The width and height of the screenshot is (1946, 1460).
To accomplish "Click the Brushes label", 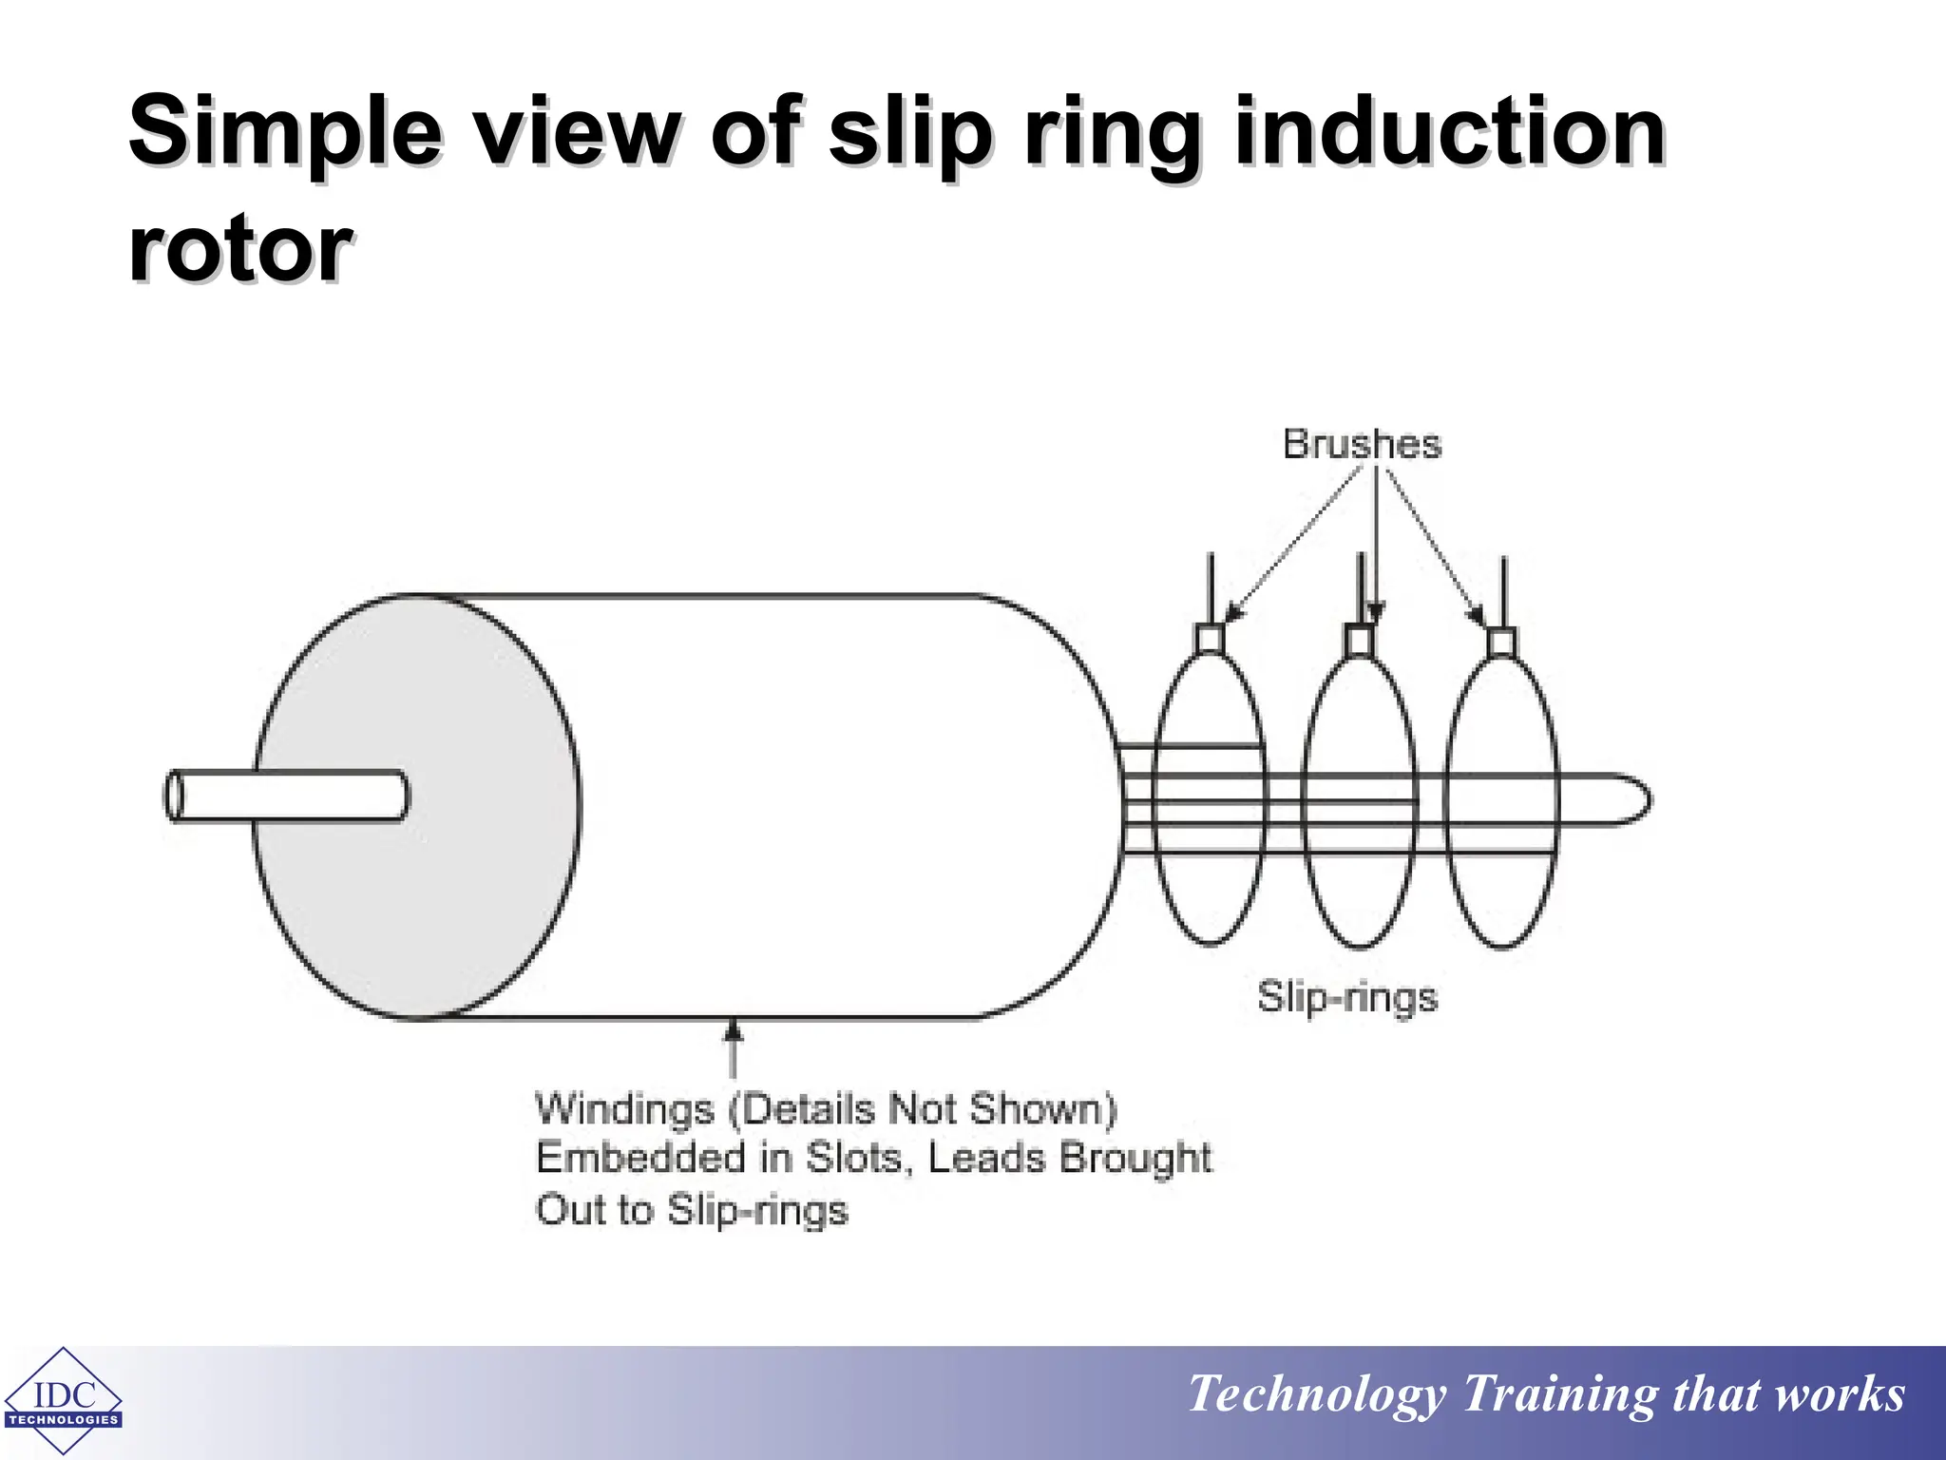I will [x=1361, y=445].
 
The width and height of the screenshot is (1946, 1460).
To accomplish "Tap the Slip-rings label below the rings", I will [x=1346, y=997].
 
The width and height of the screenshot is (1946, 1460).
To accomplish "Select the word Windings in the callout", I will [x=624, y=1109].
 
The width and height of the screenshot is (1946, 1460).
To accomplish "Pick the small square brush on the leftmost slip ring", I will [x=1209, y=638].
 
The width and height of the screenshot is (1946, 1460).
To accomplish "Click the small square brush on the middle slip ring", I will [x=1359, y=641].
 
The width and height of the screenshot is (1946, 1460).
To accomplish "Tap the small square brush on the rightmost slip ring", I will [x=1501, y=642].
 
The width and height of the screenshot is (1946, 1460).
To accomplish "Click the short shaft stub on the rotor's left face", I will [x=285, y=795].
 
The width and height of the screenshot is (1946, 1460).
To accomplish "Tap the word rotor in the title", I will [x=239, y=249].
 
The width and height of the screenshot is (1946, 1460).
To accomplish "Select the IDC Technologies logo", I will [x=63, y=1401].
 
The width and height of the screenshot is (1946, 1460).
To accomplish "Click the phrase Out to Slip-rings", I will [x=691, y=1210].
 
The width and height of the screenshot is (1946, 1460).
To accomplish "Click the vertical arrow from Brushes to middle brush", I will [x=1375, y=542].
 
